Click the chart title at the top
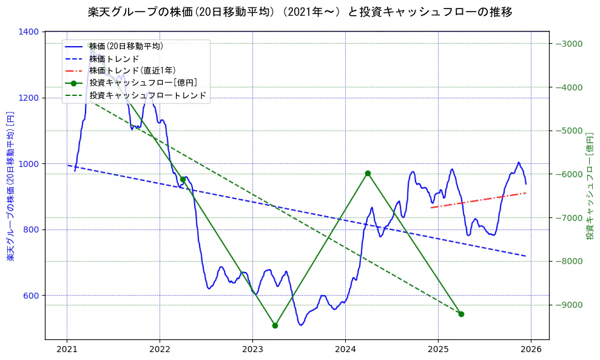(x=300, y=12)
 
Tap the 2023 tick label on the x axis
(x=252, y=350)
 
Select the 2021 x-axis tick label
(x=67, y=350)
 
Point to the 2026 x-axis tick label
(x=531, y=350)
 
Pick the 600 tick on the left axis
(x=31, y=296)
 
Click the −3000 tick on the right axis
(x=568, y=44)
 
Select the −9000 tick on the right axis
(x=568, y=305)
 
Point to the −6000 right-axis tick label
(x=568, y=174)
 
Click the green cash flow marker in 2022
(x=183, y=179)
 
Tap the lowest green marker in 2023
(x=275, y=325)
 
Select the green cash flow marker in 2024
(x=368, y=173)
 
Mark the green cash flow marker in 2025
(x=461, y=314)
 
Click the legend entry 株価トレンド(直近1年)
(x=132, y=70)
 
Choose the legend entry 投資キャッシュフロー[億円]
(x=143, y=83)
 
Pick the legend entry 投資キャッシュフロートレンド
(x=148, y=95)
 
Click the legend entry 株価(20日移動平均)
(x=126, y=46)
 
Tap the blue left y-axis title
(x=10, y=186)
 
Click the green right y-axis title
(x=590, y=185)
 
